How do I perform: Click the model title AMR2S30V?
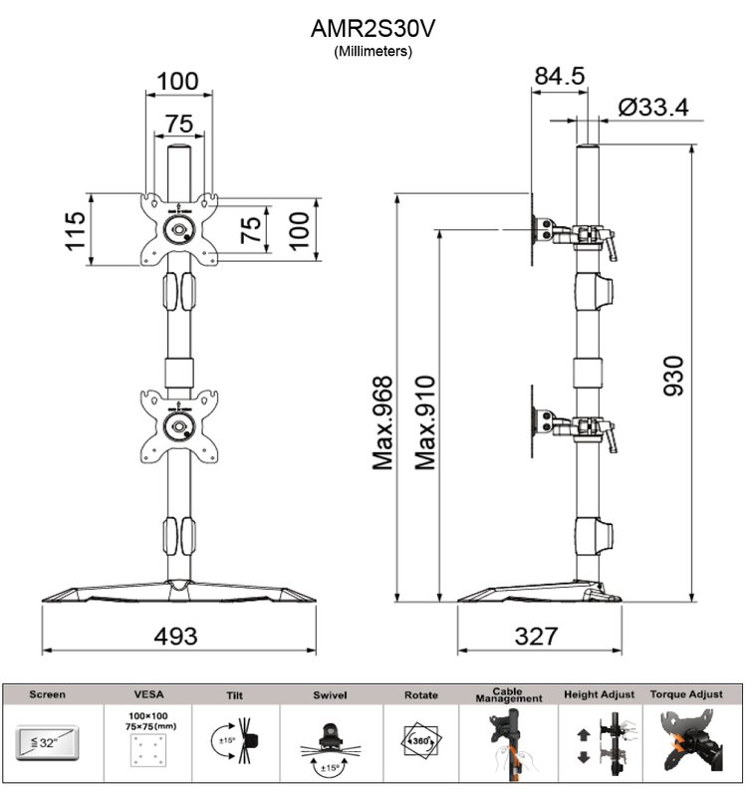point(373,29)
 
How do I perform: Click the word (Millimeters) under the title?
point(373,51)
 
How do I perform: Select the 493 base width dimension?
point(175,636)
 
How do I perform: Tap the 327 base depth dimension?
point(536,636)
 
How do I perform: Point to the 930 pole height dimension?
point(673,376)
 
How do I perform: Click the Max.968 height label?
point(382,422)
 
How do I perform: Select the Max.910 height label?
point(425,422)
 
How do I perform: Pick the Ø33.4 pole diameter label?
point(653,108)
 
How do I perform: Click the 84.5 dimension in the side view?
point(560,76)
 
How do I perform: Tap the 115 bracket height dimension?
point(75,230)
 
